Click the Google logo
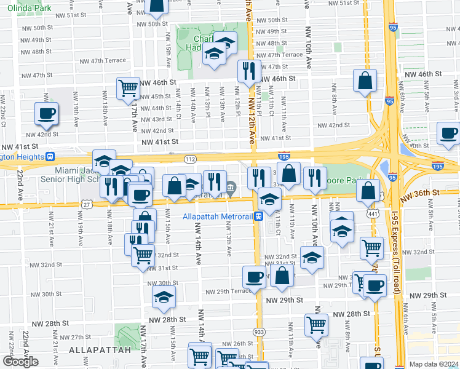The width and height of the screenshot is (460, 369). (x=20, y=362)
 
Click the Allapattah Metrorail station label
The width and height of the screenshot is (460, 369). (x=218, y=216)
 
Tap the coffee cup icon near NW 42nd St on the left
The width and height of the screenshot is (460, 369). (x=47, y=113)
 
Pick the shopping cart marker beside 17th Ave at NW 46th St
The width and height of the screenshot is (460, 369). (x=129, y=88)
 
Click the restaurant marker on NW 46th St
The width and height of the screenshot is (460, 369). (x=249, y=71)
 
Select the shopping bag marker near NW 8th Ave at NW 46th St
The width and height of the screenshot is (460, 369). (x=365, y=80)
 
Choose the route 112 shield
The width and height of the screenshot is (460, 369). (x=191, y=159)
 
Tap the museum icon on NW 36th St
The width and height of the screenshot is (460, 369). (x=231, y=188)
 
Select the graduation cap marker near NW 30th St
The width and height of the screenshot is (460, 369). (x=164, y=297)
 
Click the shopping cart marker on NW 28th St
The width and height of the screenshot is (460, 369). (x=317, y=324)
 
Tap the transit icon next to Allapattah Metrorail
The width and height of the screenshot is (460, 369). (x=260, y=216)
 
